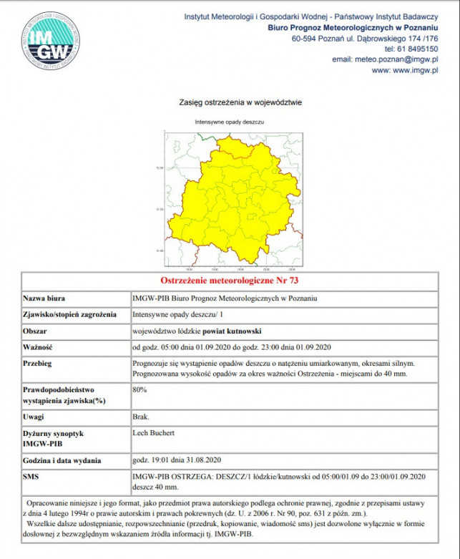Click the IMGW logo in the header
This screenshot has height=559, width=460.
[51, 41]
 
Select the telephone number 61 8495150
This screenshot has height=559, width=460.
[416, 49]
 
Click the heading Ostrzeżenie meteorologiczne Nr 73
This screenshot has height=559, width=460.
[230, 280]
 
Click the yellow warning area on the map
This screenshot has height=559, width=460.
[236, 200]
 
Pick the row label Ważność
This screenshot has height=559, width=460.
[40, 348]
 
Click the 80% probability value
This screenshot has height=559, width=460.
[140, 389]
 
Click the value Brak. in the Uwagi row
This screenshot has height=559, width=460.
[141, 416]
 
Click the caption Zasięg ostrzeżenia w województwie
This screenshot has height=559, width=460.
[230, 102]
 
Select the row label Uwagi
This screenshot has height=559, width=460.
[35, 417]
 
